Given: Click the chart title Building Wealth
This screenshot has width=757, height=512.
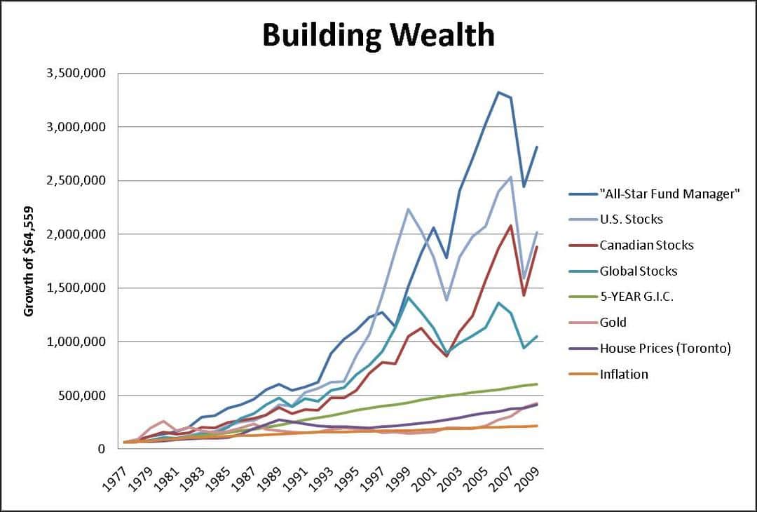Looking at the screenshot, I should tap(378, 35).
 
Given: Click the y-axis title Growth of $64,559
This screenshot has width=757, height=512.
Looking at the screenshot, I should tap(29, 261).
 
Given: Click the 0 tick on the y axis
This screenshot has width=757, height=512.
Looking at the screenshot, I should tap(102, 449).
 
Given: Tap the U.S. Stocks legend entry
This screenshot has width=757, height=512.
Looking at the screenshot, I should tap(631, 220).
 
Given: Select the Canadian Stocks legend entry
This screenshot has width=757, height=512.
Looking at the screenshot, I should tap(646, 245).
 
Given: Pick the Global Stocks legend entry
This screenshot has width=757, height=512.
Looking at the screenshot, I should tap(639, 271).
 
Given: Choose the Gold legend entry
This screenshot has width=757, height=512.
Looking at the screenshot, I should tap(613, 322).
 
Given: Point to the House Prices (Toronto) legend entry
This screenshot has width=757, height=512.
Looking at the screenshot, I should tap(665, 348).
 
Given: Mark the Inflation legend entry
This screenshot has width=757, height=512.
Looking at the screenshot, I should tap(624, 374).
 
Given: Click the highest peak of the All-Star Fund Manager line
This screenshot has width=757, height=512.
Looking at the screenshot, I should tap(498, 92).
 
